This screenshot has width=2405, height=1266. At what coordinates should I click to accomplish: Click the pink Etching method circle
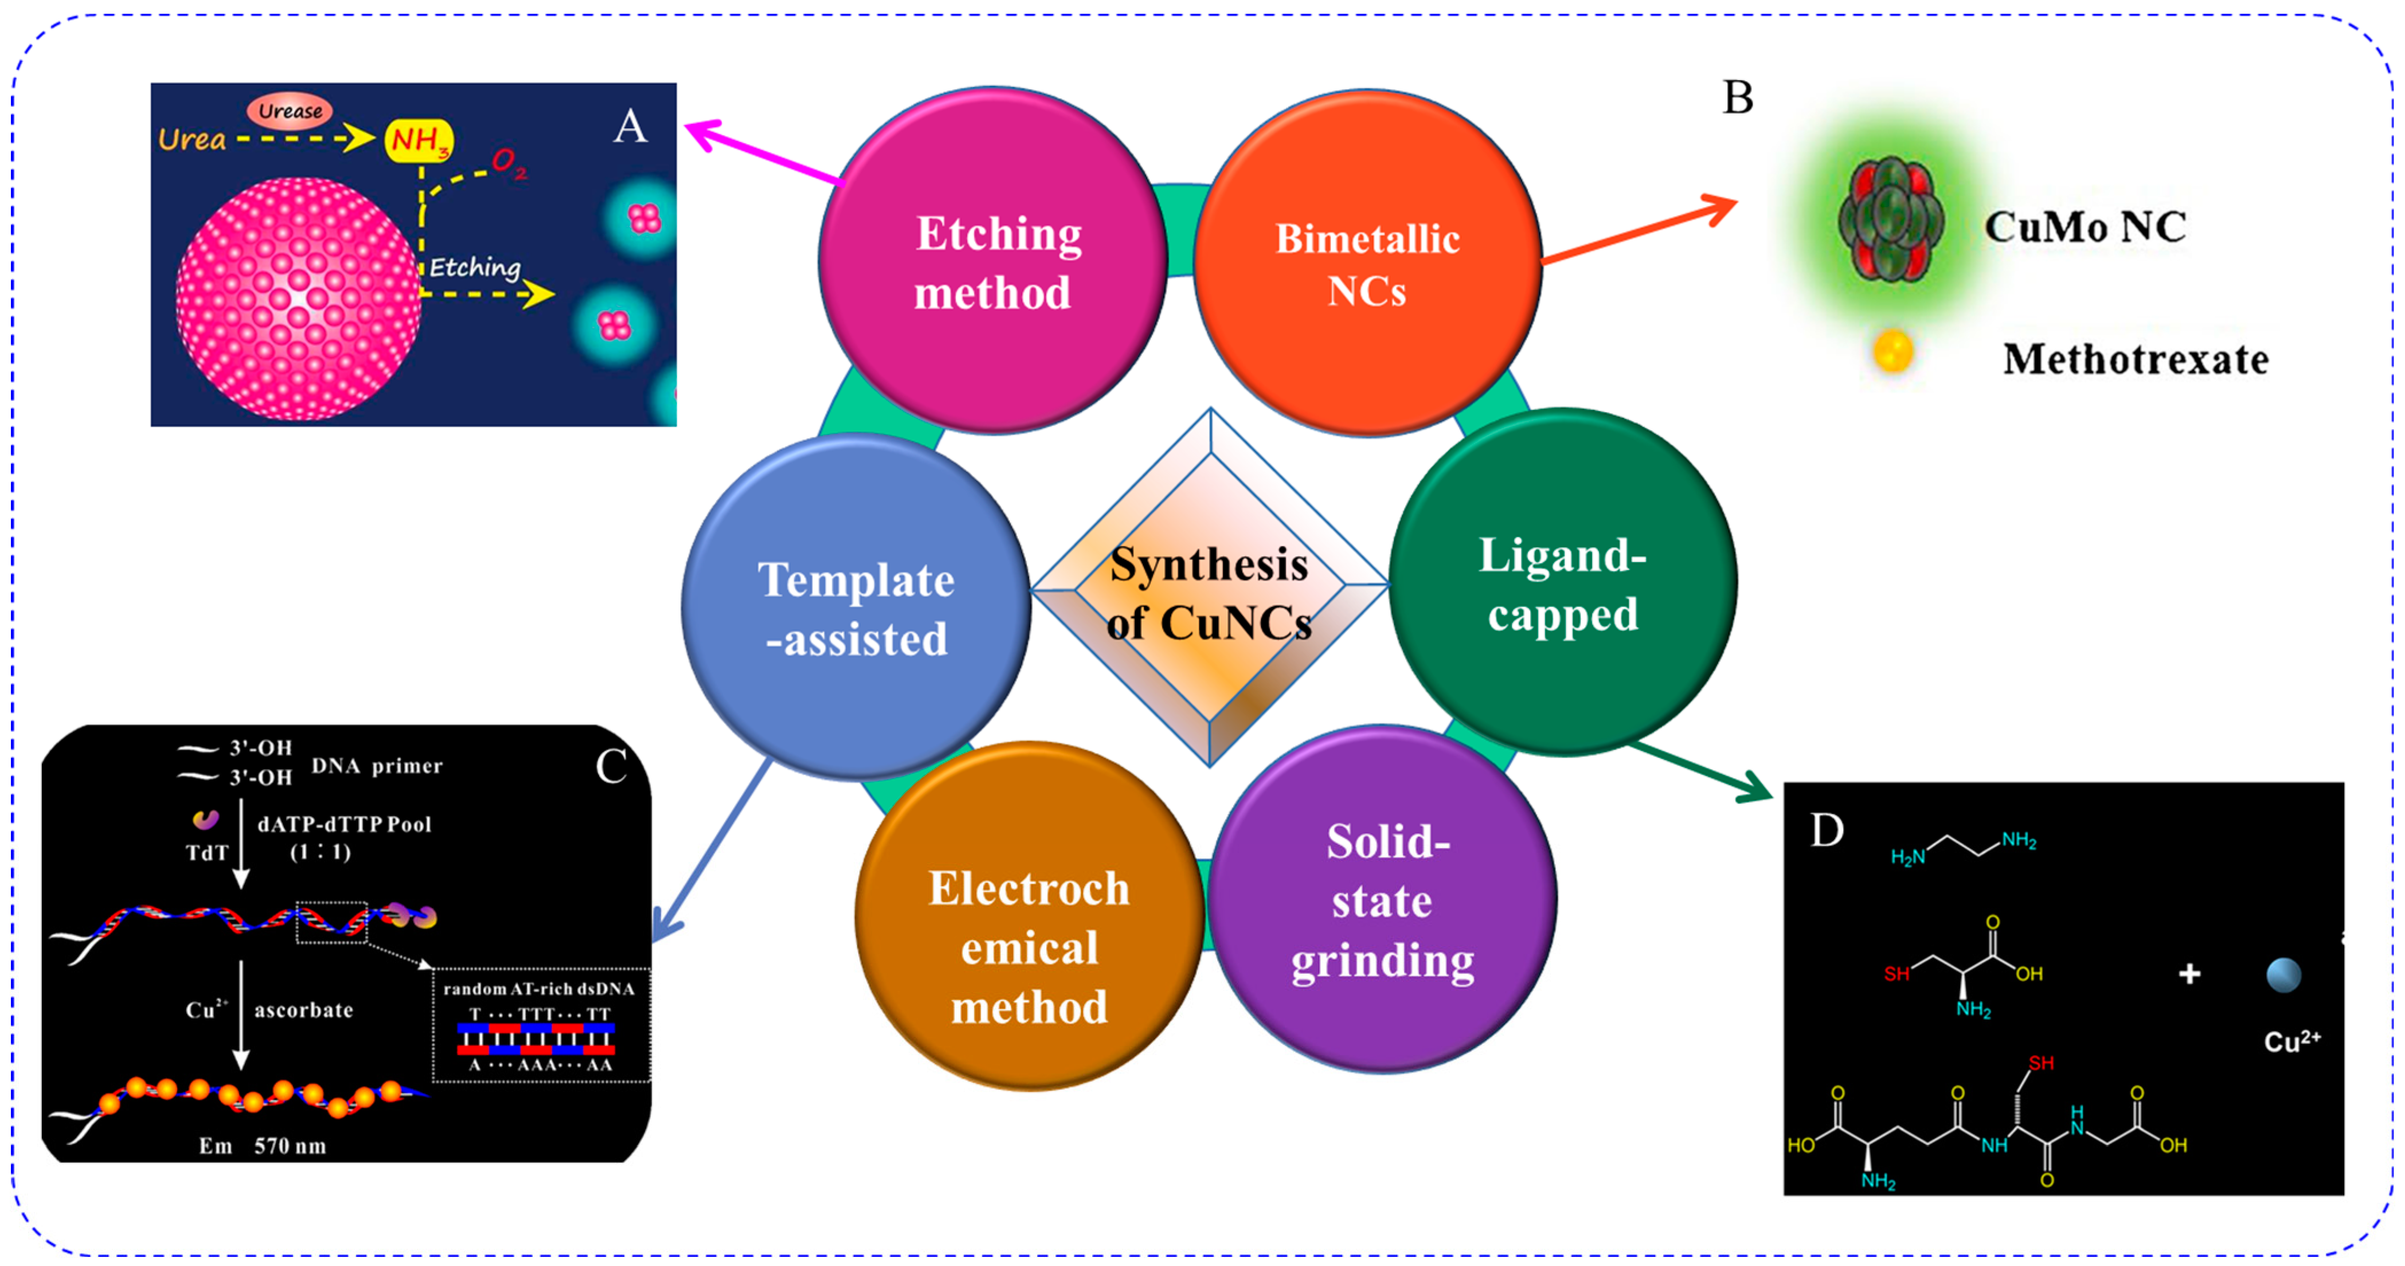point(992,261)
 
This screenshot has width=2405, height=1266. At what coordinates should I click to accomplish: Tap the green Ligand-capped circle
point(1562,583)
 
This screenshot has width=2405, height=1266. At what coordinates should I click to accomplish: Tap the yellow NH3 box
point(419,140)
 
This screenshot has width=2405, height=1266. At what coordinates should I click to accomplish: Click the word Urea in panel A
point(191,140)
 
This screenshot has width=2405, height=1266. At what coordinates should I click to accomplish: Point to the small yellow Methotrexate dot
point(1892,352)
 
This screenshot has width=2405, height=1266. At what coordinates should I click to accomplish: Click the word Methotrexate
point(2135,359)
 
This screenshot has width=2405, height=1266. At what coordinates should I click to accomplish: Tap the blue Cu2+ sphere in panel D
point(2283,975)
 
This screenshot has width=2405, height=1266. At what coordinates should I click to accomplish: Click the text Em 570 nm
point(263,1146)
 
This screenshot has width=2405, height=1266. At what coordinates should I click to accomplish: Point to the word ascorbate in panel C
point(303,1010)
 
